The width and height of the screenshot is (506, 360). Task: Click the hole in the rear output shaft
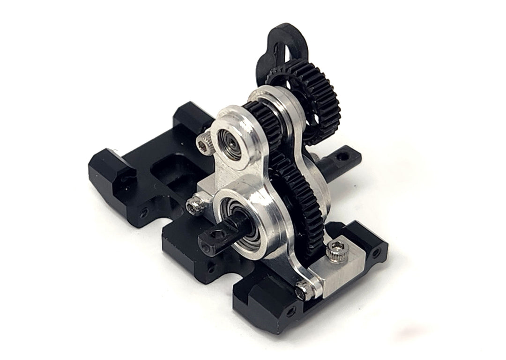pyautogui.click(x=345, y=153)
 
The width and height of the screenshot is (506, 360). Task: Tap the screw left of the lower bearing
pyautogui.click(x=194, y=206)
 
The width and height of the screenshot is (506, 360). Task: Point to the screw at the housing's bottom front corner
pyautogui.click(x=304, y=291)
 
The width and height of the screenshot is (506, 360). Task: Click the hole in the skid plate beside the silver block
pyautogui.click(x=375, y=253)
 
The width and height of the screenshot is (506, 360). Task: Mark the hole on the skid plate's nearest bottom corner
pyautogui.click(x=291, y=310)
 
